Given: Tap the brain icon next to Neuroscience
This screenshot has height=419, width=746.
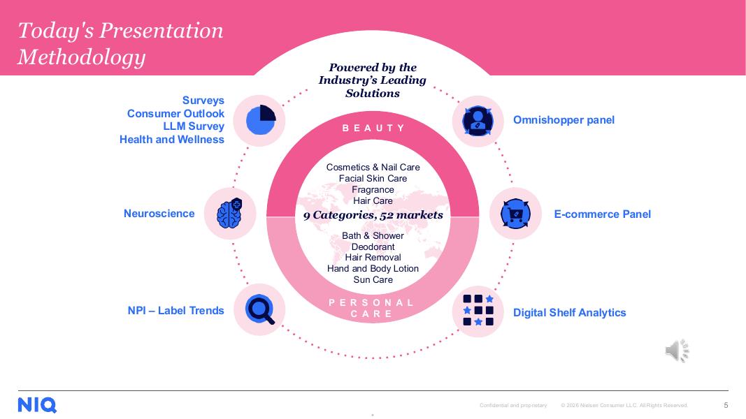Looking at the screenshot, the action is [230, 214].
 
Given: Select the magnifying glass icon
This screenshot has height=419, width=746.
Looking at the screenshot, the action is [260, 309].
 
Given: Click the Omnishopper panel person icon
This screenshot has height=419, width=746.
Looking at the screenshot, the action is [478, 121].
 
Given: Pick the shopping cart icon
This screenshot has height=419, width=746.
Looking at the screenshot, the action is [515, 214].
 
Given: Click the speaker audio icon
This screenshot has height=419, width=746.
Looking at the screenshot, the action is [676, 351].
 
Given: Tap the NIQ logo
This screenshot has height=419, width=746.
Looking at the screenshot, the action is [37, 405].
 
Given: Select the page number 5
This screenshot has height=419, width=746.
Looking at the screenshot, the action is [726, 405].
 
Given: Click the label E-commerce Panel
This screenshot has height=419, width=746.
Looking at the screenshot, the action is [602, 214].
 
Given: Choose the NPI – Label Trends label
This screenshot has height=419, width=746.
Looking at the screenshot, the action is [175, 311].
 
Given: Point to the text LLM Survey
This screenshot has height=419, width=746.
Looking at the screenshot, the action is [194, 126].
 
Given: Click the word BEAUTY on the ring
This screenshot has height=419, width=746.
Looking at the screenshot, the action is [373, 128].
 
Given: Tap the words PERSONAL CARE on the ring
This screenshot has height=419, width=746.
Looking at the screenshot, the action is [373, 308].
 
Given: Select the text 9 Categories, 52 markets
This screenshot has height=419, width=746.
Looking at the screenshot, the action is [373, 215].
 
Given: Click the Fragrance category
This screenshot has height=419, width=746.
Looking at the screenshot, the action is [373, 190].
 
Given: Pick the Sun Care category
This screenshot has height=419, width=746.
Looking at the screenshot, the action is [373, 280].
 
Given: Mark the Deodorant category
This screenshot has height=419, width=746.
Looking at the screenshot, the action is [373, 247].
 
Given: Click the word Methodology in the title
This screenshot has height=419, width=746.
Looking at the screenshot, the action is [81, 57].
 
